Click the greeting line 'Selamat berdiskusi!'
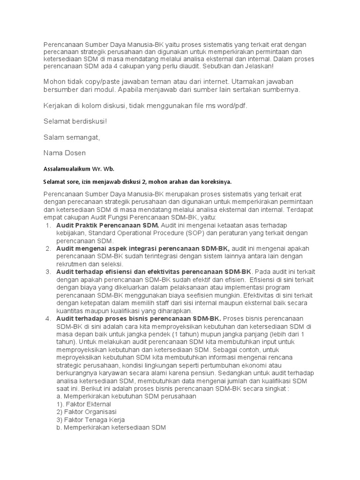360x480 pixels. pyautogui.click(x=75, y=121)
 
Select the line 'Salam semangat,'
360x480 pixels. pyautogui.click(x=72, y=137)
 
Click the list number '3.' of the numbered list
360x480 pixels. pyautogui.click(x=48, y=271)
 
